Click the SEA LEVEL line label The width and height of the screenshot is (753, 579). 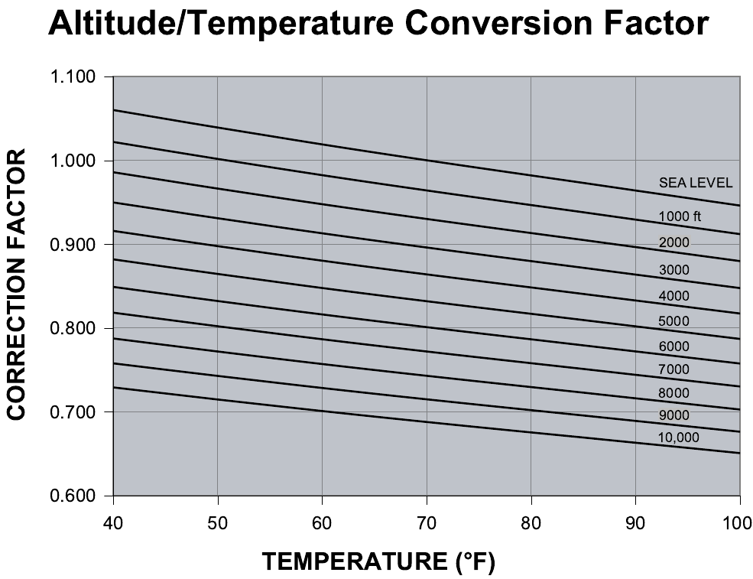(x=696, y=183)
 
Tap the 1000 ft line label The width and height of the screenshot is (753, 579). (x=680, y=216)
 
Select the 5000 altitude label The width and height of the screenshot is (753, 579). (x=673, y=321)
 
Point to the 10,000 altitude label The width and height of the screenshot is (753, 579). (x=678, y=438)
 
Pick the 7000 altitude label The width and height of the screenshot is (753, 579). (x=673, y=370)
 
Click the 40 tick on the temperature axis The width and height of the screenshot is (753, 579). (x=113, y=522)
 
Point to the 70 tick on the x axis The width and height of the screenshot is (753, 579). (x=427, y=522)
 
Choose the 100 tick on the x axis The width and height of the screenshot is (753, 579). (x=739, y=522)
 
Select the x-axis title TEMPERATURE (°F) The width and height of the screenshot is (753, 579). (x=379, y=563)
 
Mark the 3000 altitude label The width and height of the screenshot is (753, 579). (x=673, y=270)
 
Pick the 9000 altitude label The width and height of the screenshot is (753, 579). (x=673, y=415)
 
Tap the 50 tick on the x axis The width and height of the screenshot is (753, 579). (x=218, y=522)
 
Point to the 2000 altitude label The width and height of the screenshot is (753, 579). (x=673, y=243)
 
